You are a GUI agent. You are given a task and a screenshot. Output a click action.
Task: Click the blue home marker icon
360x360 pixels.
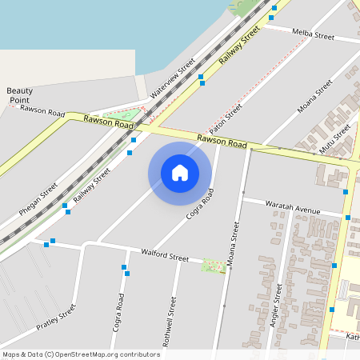[180, 172]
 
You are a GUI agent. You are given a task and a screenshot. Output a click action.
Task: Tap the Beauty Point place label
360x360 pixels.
[20, 94]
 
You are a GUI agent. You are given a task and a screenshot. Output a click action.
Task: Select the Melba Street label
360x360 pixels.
[313, 36]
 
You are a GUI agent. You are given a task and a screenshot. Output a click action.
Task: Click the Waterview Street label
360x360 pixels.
[174, 78]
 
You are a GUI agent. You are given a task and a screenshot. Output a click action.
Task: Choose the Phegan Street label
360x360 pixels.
[39, 200]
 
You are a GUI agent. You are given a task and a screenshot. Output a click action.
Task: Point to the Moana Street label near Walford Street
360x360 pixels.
[233, 245]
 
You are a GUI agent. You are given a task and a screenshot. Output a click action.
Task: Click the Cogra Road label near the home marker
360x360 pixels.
[200, 204]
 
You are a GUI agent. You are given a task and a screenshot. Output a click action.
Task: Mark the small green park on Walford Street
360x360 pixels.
[214, 266]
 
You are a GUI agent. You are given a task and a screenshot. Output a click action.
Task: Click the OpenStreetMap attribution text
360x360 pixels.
[81, 354]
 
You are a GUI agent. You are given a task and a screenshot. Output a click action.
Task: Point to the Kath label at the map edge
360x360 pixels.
[353, 337]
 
